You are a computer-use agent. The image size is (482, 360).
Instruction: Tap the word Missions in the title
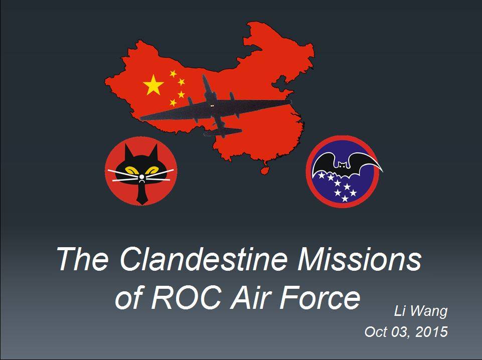[359, 259]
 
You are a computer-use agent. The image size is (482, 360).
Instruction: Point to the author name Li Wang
[421, 311]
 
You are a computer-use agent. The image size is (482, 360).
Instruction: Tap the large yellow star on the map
[153, 85]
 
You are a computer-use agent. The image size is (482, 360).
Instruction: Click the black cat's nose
[141, 177]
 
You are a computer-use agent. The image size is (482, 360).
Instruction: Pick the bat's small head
[342, 165]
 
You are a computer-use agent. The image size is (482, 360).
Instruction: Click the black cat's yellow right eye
[153, 170]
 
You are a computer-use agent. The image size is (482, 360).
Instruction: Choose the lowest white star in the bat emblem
[345, 199]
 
